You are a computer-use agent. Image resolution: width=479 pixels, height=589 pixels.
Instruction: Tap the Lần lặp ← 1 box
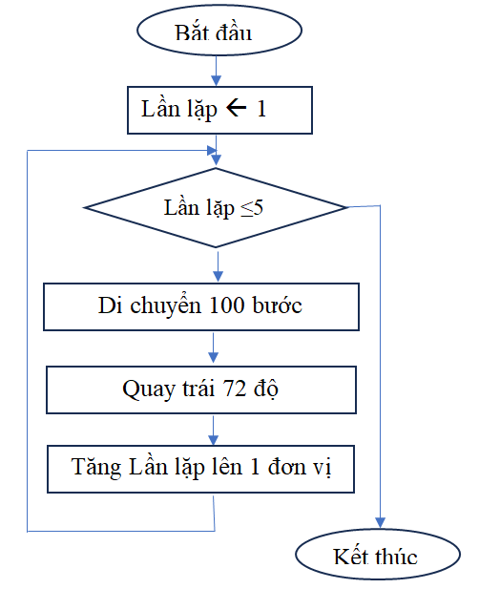(219, 109)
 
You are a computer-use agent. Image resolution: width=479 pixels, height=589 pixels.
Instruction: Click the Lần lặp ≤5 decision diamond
(218, 207)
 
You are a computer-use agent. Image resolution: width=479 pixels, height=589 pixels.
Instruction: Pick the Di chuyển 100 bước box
(201, 306)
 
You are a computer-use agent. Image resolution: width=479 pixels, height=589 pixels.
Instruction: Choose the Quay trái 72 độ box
(200, 389)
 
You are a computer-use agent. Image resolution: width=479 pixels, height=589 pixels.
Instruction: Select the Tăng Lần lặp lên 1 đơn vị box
(200, 469)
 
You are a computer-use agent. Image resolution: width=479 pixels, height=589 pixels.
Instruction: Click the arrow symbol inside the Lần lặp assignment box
(236, 109)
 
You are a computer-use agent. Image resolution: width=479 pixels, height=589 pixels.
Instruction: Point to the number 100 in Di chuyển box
(224, 306)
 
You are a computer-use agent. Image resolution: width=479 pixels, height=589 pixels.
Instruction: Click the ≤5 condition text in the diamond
(252, 208)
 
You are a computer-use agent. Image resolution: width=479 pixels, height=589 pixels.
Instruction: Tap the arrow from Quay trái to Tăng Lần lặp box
(214, 429)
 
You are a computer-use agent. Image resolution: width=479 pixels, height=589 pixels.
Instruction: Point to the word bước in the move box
(278, 306)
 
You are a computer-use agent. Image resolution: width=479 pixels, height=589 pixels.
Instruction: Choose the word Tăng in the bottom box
(94, 469)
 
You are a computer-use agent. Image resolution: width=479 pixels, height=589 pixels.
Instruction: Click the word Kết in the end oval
(349, 557)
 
